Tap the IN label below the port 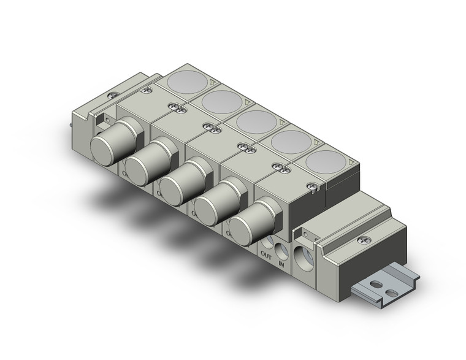[x=281, y=264]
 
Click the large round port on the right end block [x=305, y=256]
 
